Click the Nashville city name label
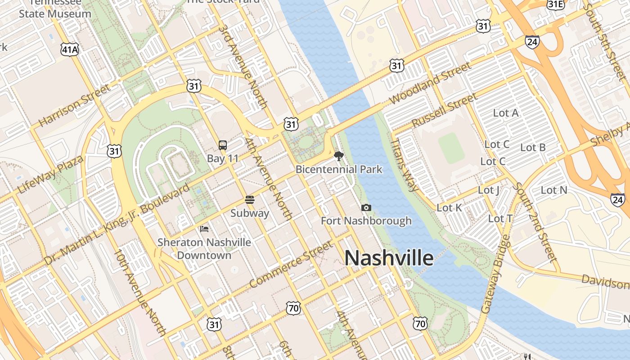coord(389,258)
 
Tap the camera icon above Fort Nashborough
coord(366,207)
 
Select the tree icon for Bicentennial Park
coord(339,156)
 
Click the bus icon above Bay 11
coord(223,145)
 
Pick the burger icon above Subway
coord(250,199)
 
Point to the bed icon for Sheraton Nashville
coord(204,229)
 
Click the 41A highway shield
coord(70,49)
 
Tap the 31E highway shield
coord(556,4)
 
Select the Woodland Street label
coord(431,83)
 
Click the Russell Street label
coord(444,110)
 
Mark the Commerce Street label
coord(292,264)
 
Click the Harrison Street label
coord(74,105)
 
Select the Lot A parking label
coord(506,113)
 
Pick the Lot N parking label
coord(554,190)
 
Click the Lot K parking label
coord(450,207)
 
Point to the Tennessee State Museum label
coord(55,9)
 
